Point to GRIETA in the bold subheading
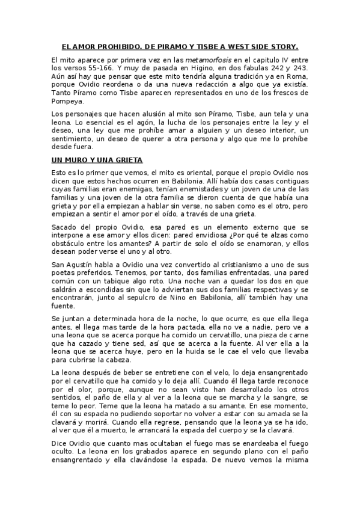point(126,160)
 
